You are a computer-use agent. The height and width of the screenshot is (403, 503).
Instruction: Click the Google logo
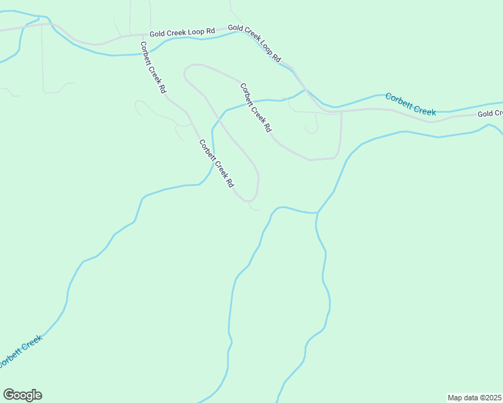pos(22,395)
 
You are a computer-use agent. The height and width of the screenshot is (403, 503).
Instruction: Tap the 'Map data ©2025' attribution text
pos(475,397)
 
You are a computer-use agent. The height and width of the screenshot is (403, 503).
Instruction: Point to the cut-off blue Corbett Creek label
pos(20,351)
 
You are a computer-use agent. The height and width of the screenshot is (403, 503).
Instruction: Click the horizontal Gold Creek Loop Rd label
pos(182,32)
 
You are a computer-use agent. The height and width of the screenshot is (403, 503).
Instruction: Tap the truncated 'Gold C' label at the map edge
pos(490,114)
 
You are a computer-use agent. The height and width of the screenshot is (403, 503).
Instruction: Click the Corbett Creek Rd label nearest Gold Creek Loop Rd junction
pos(153,67)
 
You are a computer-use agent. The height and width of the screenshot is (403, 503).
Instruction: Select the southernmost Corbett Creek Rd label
pos(217,163)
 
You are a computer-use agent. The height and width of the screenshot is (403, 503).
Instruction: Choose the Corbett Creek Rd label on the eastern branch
pos(256,107)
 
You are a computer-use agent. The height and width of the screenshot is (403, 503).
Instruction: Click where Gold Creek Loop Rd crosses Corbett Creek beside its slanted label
pos(305,89)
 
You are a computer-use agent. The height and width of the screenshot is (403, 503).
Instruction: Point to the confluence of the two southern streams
pos(317,213)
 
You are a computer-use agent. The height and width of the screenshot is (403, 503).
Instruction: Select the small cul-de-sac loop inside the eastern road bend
pos(311,128)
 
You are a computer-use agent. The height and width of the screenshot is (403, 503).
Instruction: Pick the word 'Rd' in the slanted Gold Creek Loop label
pos(276,58)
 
